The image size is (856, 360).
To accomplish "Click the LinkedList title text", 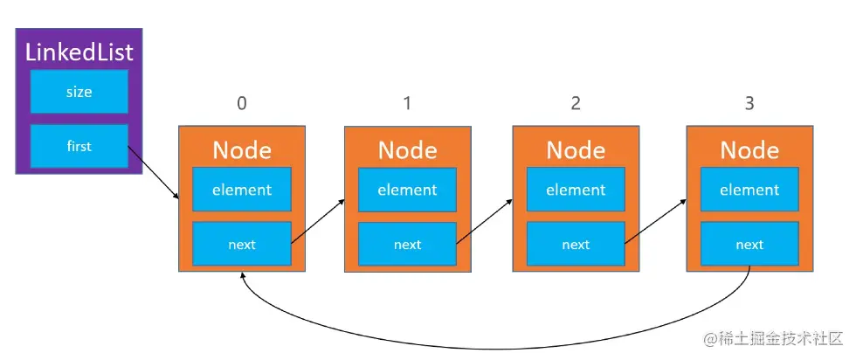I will coord(79,52).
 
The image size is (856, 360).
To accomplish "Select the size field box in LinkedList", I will coord(79,92).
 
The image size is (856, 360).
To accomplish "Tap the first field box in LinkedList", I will coord(79,146).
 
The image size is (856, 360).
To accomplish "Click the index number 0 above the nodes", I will coord(242,103).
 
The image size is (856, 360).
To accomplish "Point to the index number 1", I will coord(407,103).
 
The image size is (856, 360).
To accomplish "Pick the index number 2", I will coord(575,103).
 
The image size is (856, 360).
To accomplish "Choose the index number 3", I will coord(749,103).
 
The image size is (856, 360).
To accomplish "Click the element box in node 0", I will coord(242,190).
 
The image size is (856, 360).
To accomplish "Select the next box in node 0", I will coord(242,245).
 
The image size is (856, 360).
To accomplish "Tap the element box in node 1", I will coord(407,190).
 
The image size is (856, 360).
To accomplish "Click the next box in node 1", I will coord(407,245).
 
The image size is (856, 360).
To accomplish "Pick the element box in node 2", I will coord(576,190).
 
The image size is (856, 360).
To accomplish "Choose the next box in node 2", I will coord(576,245).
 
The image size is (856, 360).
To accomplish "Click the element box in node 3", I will coord(749,190).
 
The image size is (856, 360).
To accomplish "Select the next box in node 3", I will coord(749,245).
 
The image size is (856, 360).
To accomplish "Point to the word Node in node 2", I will coord(576,150).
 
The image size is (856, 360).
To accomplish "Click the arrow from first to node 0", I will coord(154,174).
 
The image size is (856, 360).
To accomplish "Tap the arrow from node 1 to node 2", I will coord(484,218).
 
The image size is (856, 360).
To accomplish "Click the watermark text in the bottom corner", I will coord(772,338).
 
